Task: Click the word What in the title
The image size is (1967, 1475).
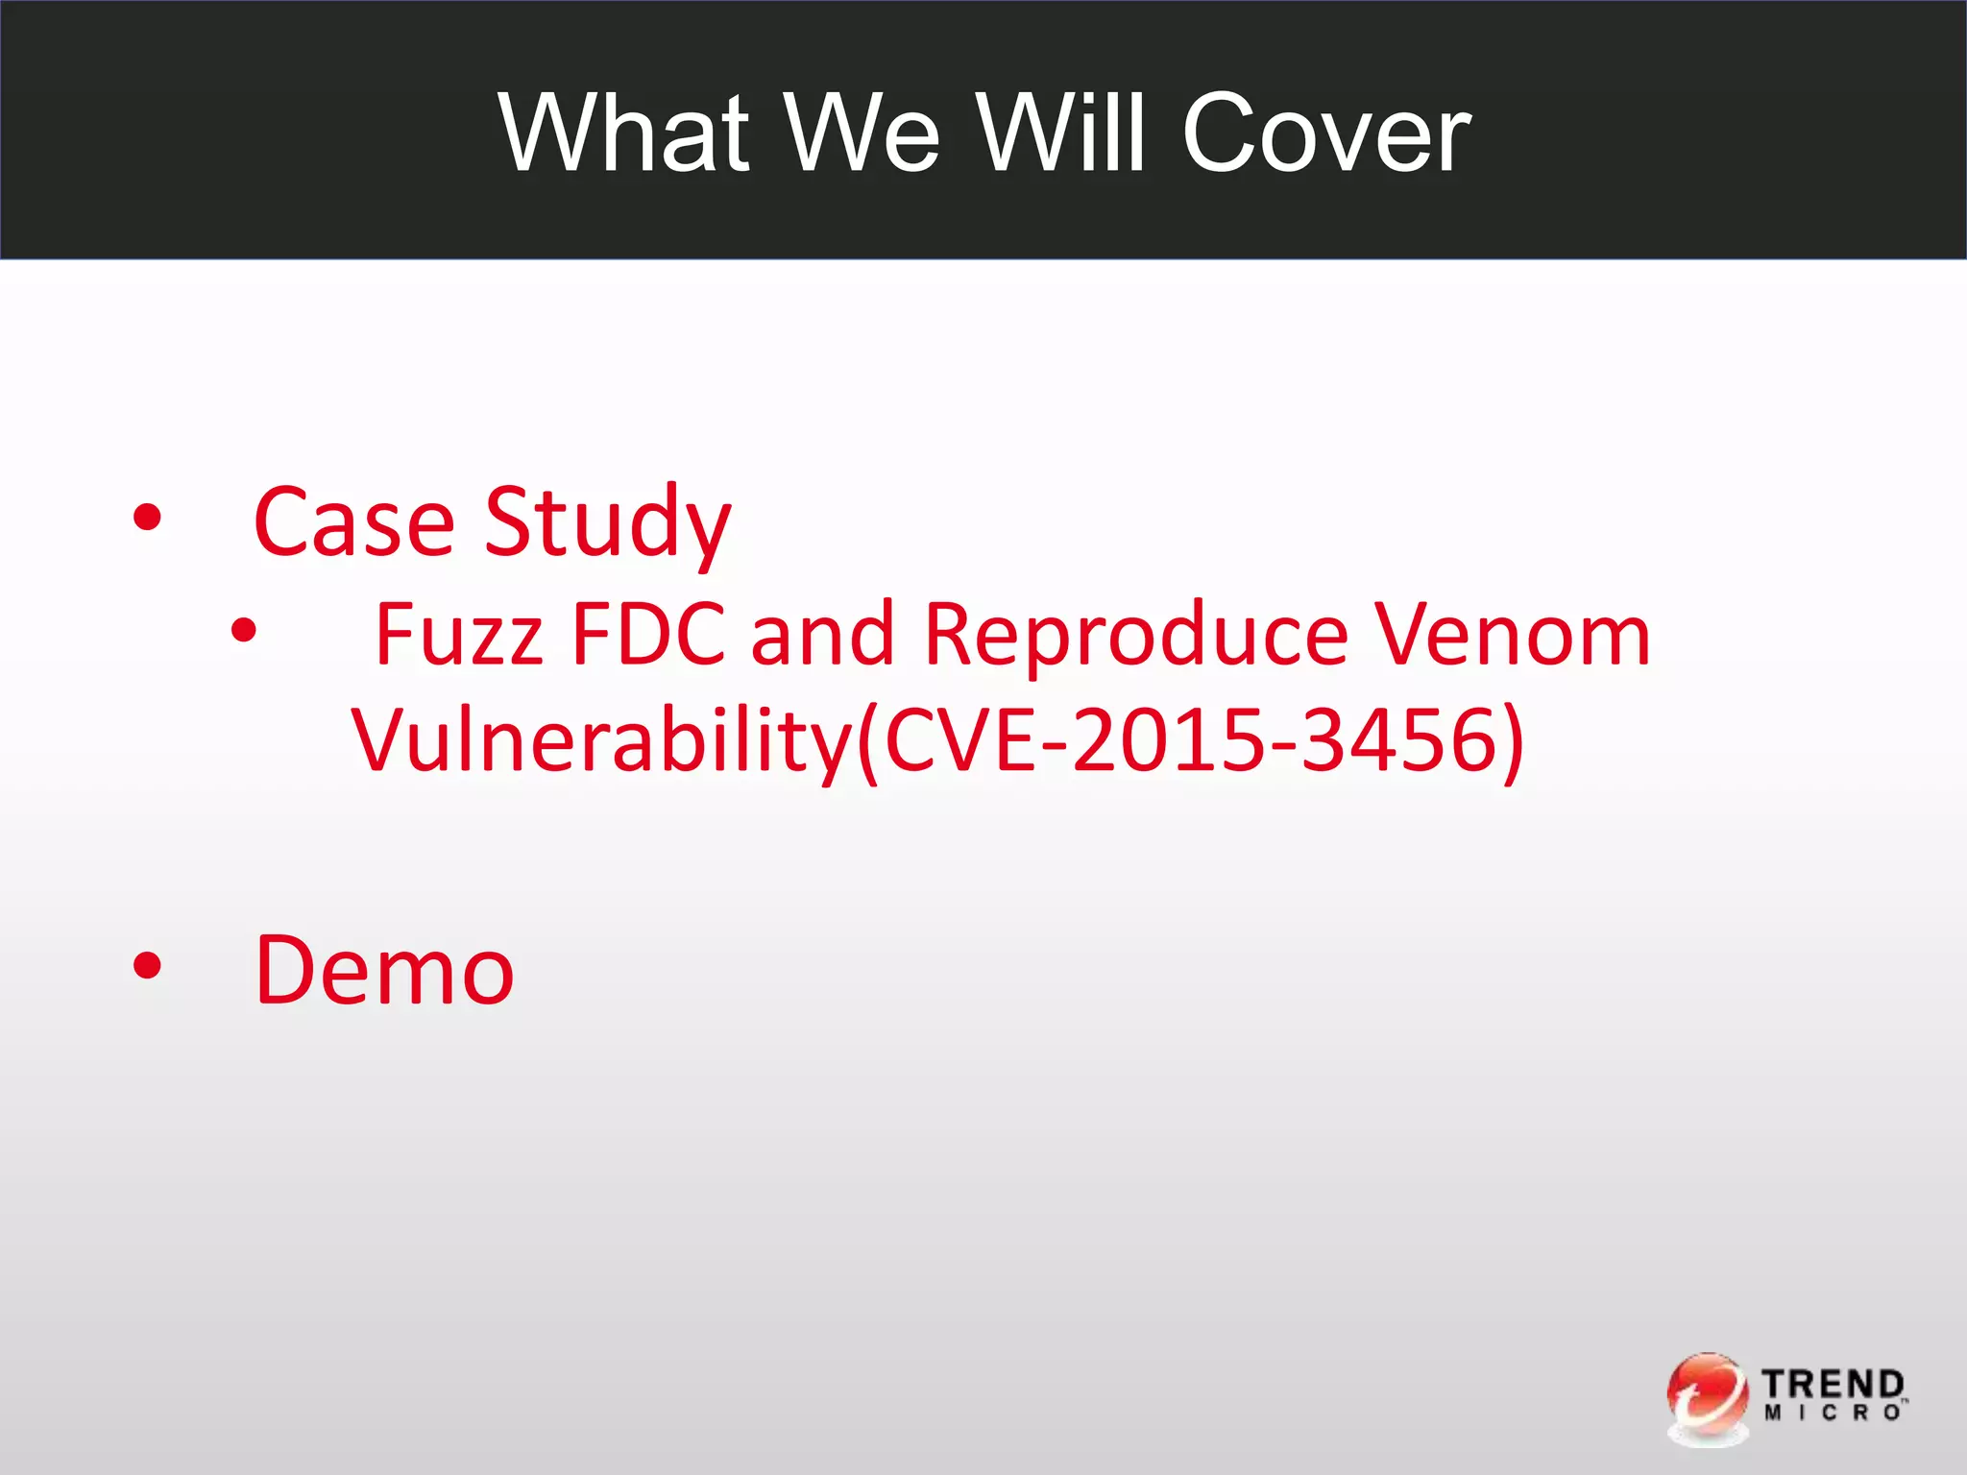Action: click(623, 133)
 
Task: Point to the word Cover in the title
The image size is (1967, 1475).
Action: click(1325, 133)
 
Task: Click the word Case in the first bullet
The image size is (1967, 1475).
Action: click(353, 522)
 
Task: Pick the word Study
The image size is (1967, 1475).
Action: click(607, 522)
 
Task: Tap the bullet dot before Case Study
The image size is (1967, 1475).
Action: click(148, 519)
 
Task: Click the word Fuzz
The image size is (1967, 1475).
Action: click(459, 635)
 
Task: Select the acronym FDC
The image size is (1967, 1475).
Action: click(648, 635)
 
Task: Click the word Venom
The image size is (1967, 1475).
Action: click(1513, 635)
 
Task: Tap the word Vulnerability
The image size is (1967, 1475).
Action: click(602, 740)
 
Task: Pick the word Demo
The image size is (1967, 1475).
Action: click(384, 971)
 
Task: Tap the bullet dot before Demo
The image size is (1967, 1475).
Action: click(148, 966)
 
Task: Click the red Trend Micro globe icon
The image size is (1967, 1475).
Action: click(1707, 1397)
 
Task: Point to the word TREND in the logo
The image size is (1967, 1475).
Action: click(1833, 1386)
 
